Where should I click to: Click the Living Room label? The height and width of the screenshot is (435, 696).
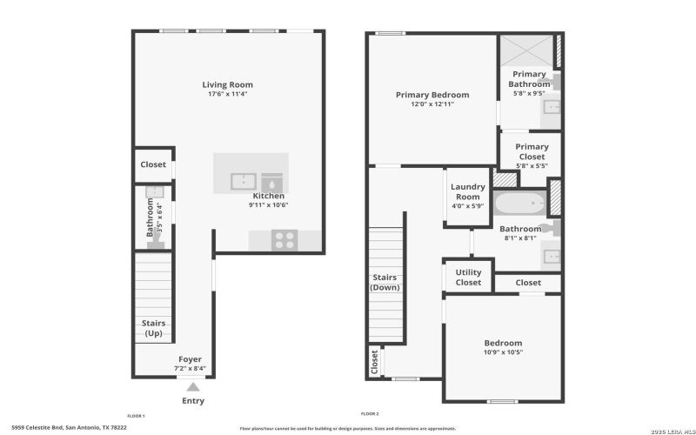(x=228, y=84)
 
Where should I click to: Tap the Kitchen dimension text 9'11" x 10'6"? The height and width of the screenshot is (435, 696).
(x=268, y=205)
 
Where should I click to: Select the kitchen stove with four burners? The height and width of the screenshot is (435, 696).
(x=285, y=239)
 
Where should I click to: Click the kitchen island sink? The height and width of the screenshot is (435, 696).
(x=243, y=182)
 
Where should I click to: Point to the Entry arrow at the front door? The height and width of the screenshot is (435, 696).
(x=194, y=385)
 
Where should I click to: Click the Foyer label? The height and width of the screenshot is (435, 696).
(x=191, y=358)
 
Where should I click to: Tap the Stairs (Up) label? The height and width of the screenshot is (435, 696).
(x=153, y=328)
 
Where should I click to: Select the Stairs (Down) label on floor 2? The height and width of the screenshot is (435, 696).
(x=385, y=282)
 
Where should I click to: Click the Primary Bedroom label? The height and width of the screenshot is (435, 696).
(x=432, y=95)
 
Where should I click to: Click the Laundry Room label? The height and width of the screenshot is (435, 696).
(x=467, y=191)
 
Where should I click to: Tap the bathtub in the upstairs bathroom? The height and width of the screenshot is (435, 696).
(x=519, y=204)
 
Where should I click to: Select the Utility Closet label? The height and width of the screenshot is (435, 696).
(x=468, y=277)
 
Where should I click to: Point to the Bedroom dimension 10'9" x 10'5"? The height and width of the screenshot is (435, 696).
(x=503, y=353)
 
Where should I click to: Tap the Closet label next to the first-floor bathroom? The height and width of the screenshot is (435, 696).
(x=153, y=164)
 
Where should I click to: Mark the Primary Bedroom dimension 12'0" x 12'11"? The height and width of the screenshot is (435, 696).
(x=432, y=104)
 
